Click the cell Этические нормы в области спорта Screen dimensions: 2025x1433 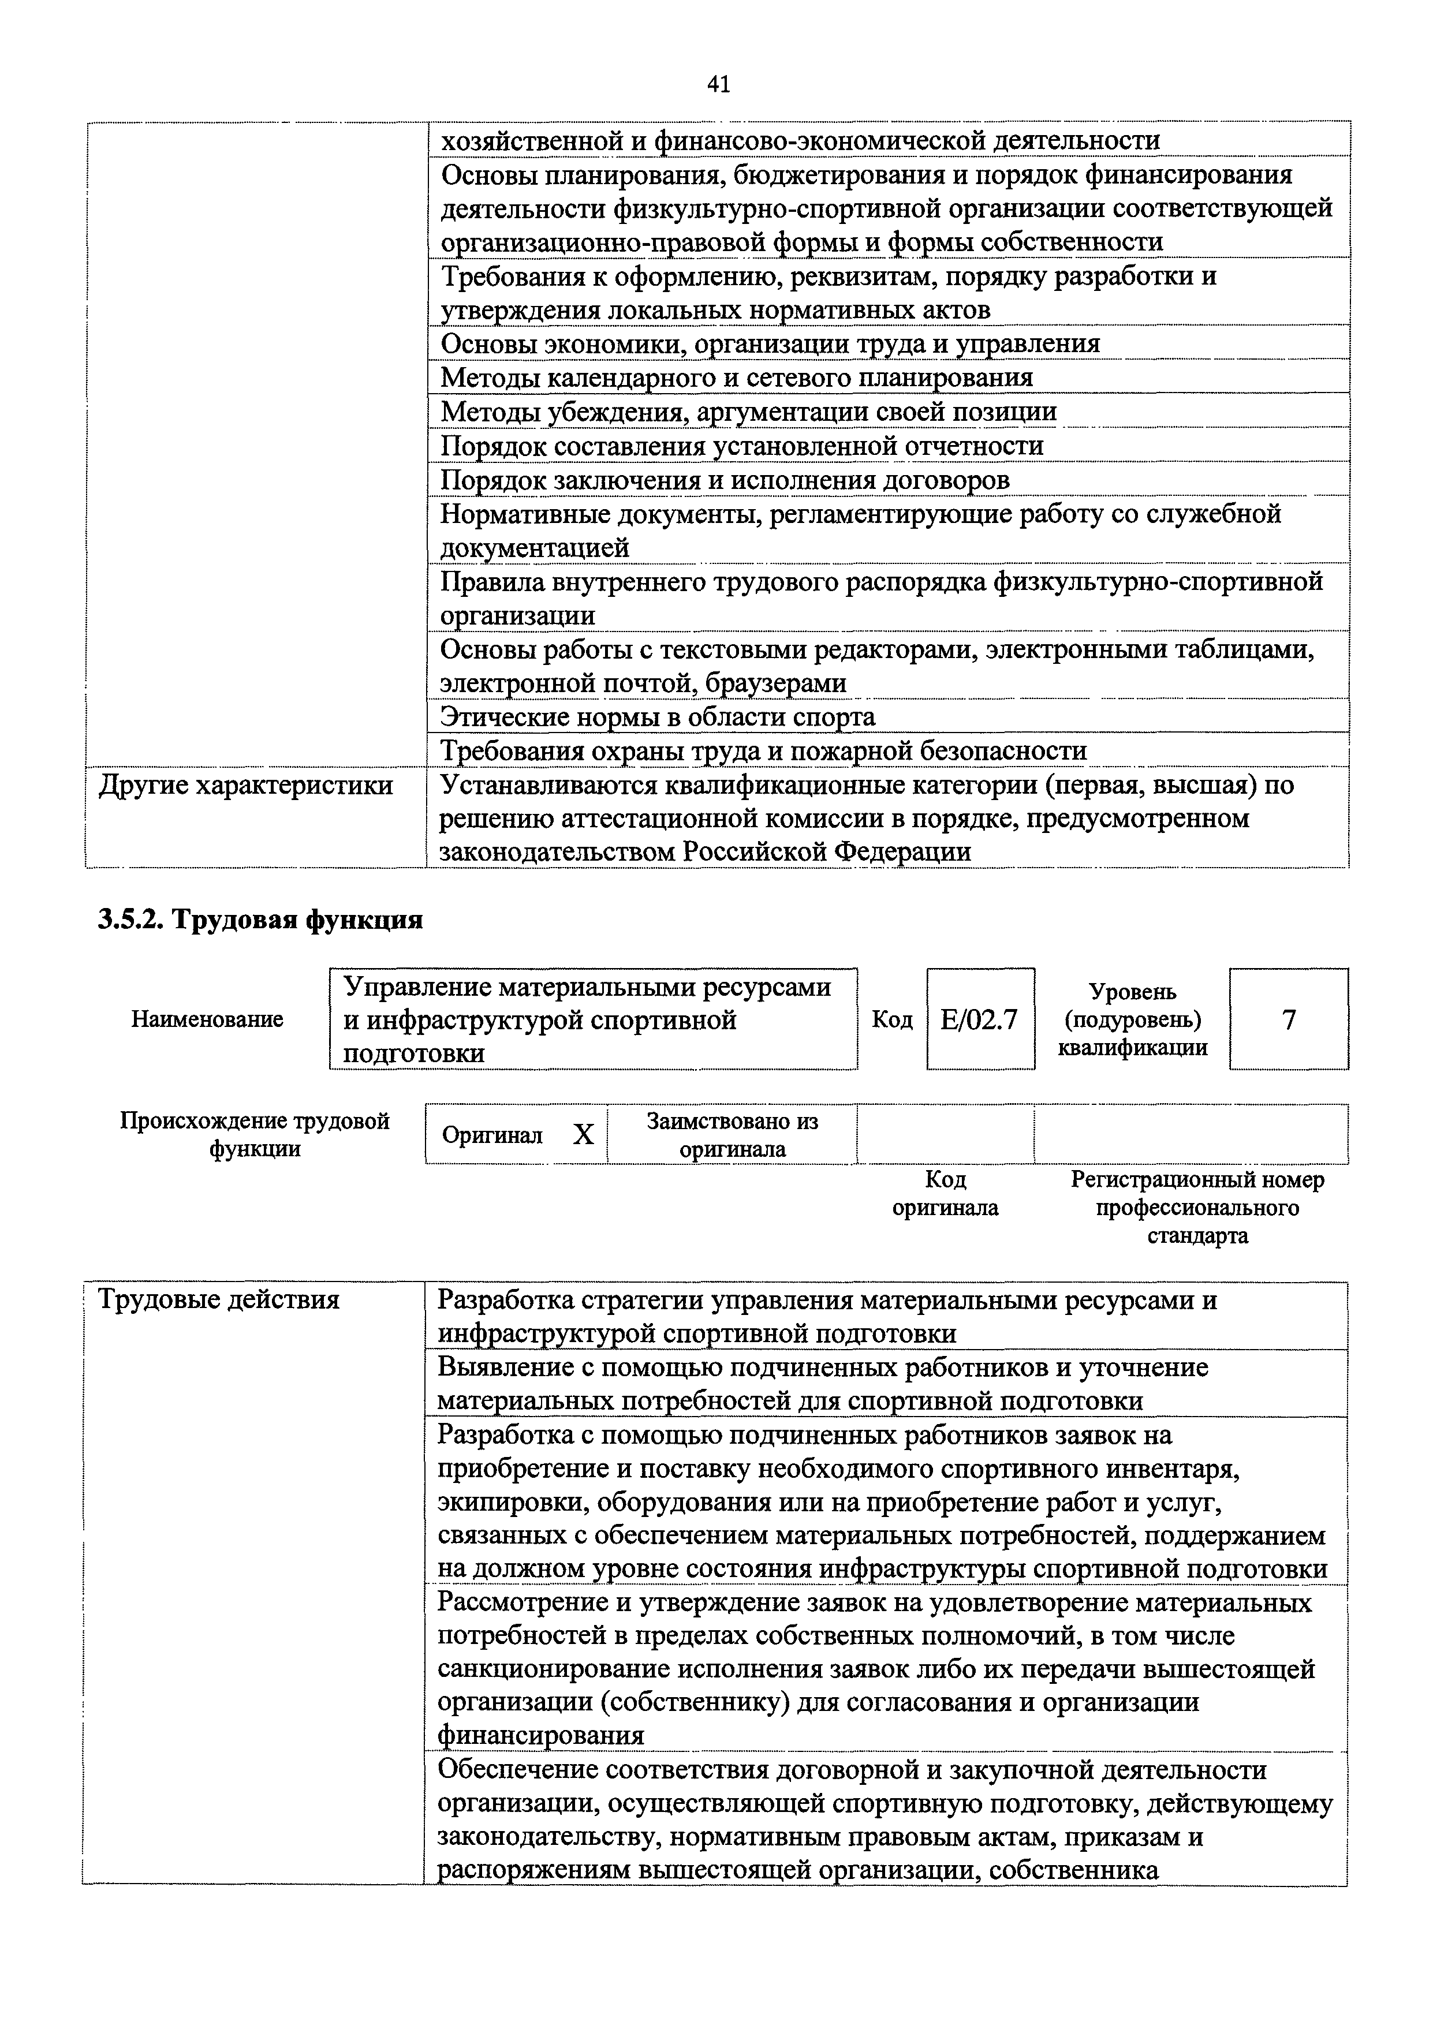[x=658, y=717]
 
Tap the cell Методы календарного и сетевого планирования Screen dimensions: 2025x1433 [x=736, y=378]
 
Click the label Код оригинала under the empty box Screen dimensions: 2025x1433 [x=945, y=1193]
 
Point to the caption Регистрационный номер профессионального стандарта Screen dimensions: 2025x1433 [x=1197, y=1208]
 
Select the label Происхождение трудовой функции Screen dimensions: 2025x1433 [x=255, y=1135]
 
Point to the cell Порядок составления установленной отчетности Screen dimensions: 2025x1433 [x=741, y=446]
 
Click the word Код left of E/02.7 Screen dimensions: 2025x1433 [x=892, y=1019]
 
